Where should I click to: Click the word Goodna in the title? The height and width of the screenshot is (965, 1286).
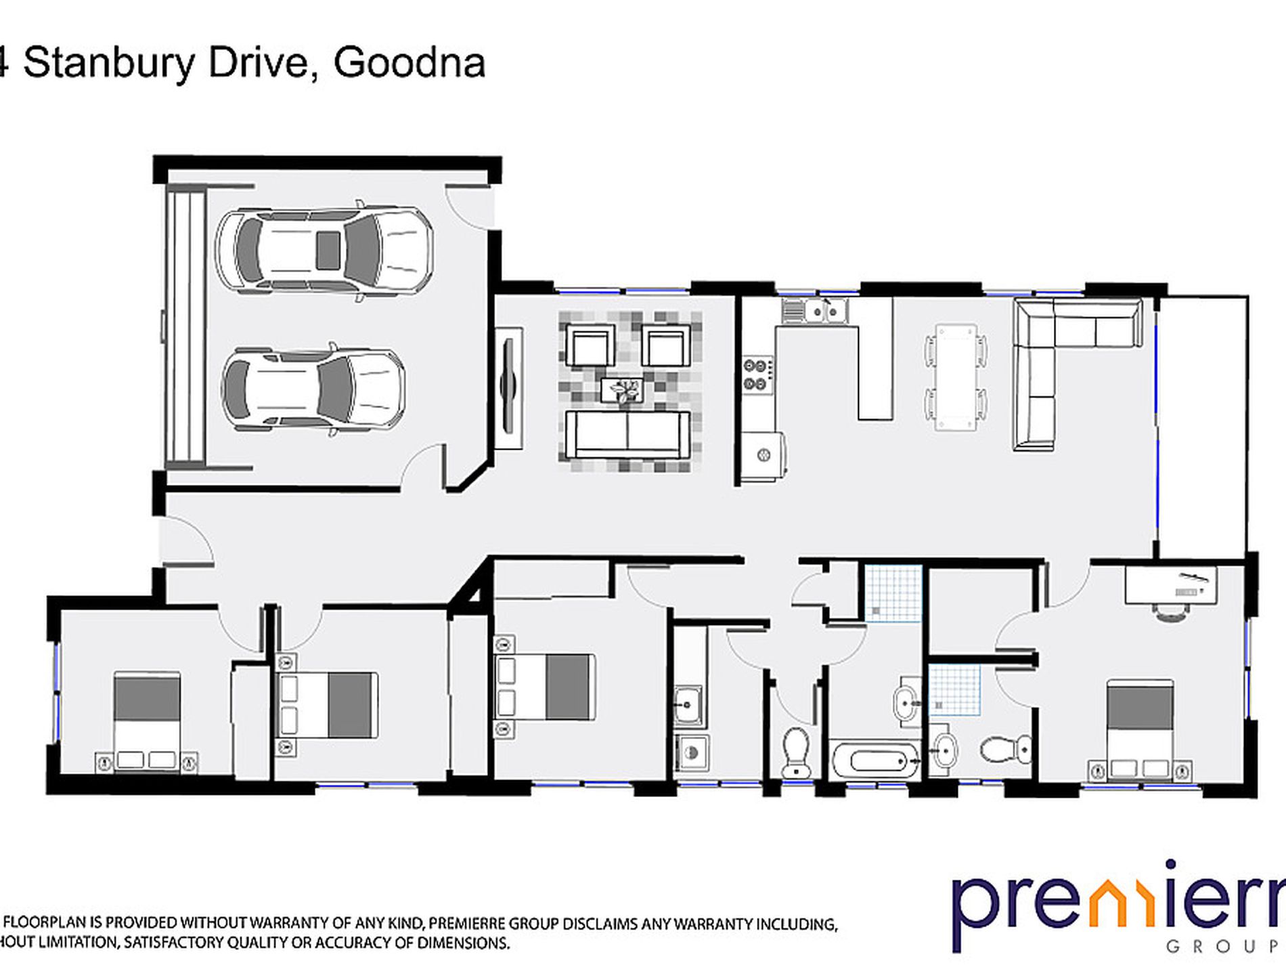coord(409,63)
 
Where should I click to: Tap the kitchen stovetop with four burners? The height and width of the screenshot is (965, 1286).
coord(755,374)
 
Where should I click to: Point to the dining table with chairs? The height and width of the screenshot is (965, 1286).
coord(956,377)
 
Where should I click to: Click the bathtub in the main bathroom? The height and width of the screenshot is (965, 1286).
coord(874,761)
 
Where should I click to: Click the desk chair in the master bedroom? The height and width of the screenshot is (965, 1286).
coord(1171,611)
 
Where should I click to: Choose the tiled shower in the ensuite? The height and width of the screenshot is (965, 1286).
coord(954,689)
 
